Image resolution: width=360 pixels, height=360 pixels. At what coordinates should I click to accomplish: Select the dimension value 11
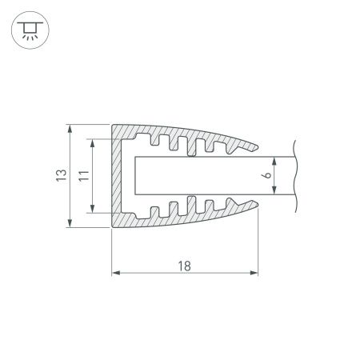83,176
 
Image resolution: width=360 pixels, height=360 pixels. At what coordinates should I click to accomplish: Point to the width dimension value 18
186,266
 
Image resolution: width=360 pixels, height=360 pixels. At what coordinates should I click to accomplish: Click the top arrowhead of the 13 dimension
72,128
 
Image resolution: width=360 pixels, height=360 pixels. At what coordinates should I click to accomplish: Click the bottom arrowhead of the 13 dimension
72,223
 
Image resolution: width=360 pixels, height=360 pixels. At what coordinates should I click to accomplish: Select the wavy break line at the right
296,176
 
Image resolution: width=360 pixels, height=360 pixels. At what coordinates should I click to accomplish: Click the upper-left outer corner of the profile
111,125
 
